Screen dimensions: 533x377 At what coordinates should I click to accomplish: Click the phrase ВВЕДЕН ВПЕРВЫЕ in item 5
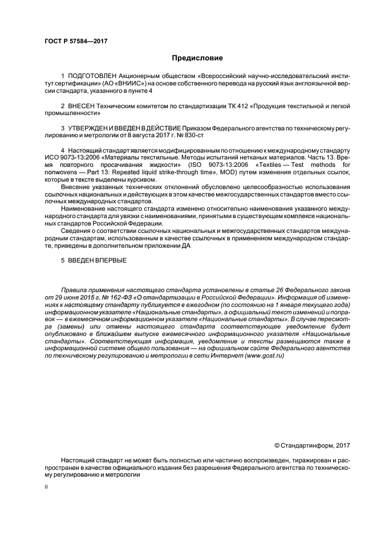[95, 261]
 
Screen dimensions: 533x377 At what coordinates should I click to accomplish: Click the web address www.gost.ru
[268, 356]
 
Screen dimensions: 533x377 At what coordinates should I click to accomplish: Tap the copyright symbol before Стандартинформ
[277, 445]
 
